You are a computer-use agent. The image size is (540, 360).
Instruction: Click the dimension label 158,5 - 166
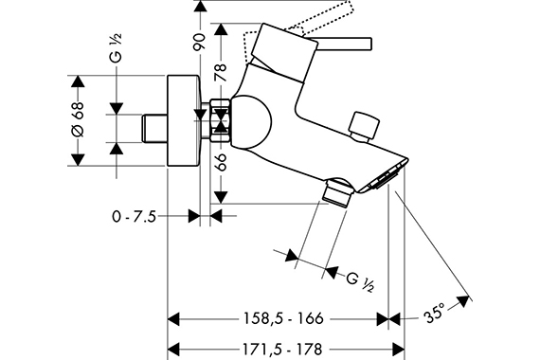point(283,318)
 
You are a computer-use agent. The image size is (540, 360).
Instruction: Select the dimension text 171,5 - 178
point(282,350)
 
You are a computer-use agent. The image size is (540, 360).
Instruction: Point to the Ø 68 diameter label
point(78,119)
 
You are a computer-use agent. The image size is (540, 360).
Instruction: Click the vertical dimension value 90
point(199,42)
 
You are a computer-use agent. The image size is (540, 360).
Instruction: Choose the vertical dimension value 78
point(221,72)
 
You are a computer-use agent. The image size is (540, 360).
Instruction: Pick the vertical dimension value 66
point(221,162)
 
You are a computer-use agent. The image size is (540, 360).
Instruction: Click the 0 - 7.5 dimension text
point(135,217)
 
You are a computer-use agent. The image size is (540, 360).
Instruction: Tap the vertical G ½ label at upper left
point(117,48)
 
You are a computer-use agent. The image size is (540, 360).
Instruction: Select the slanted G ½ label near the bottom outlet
point(360,281)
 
